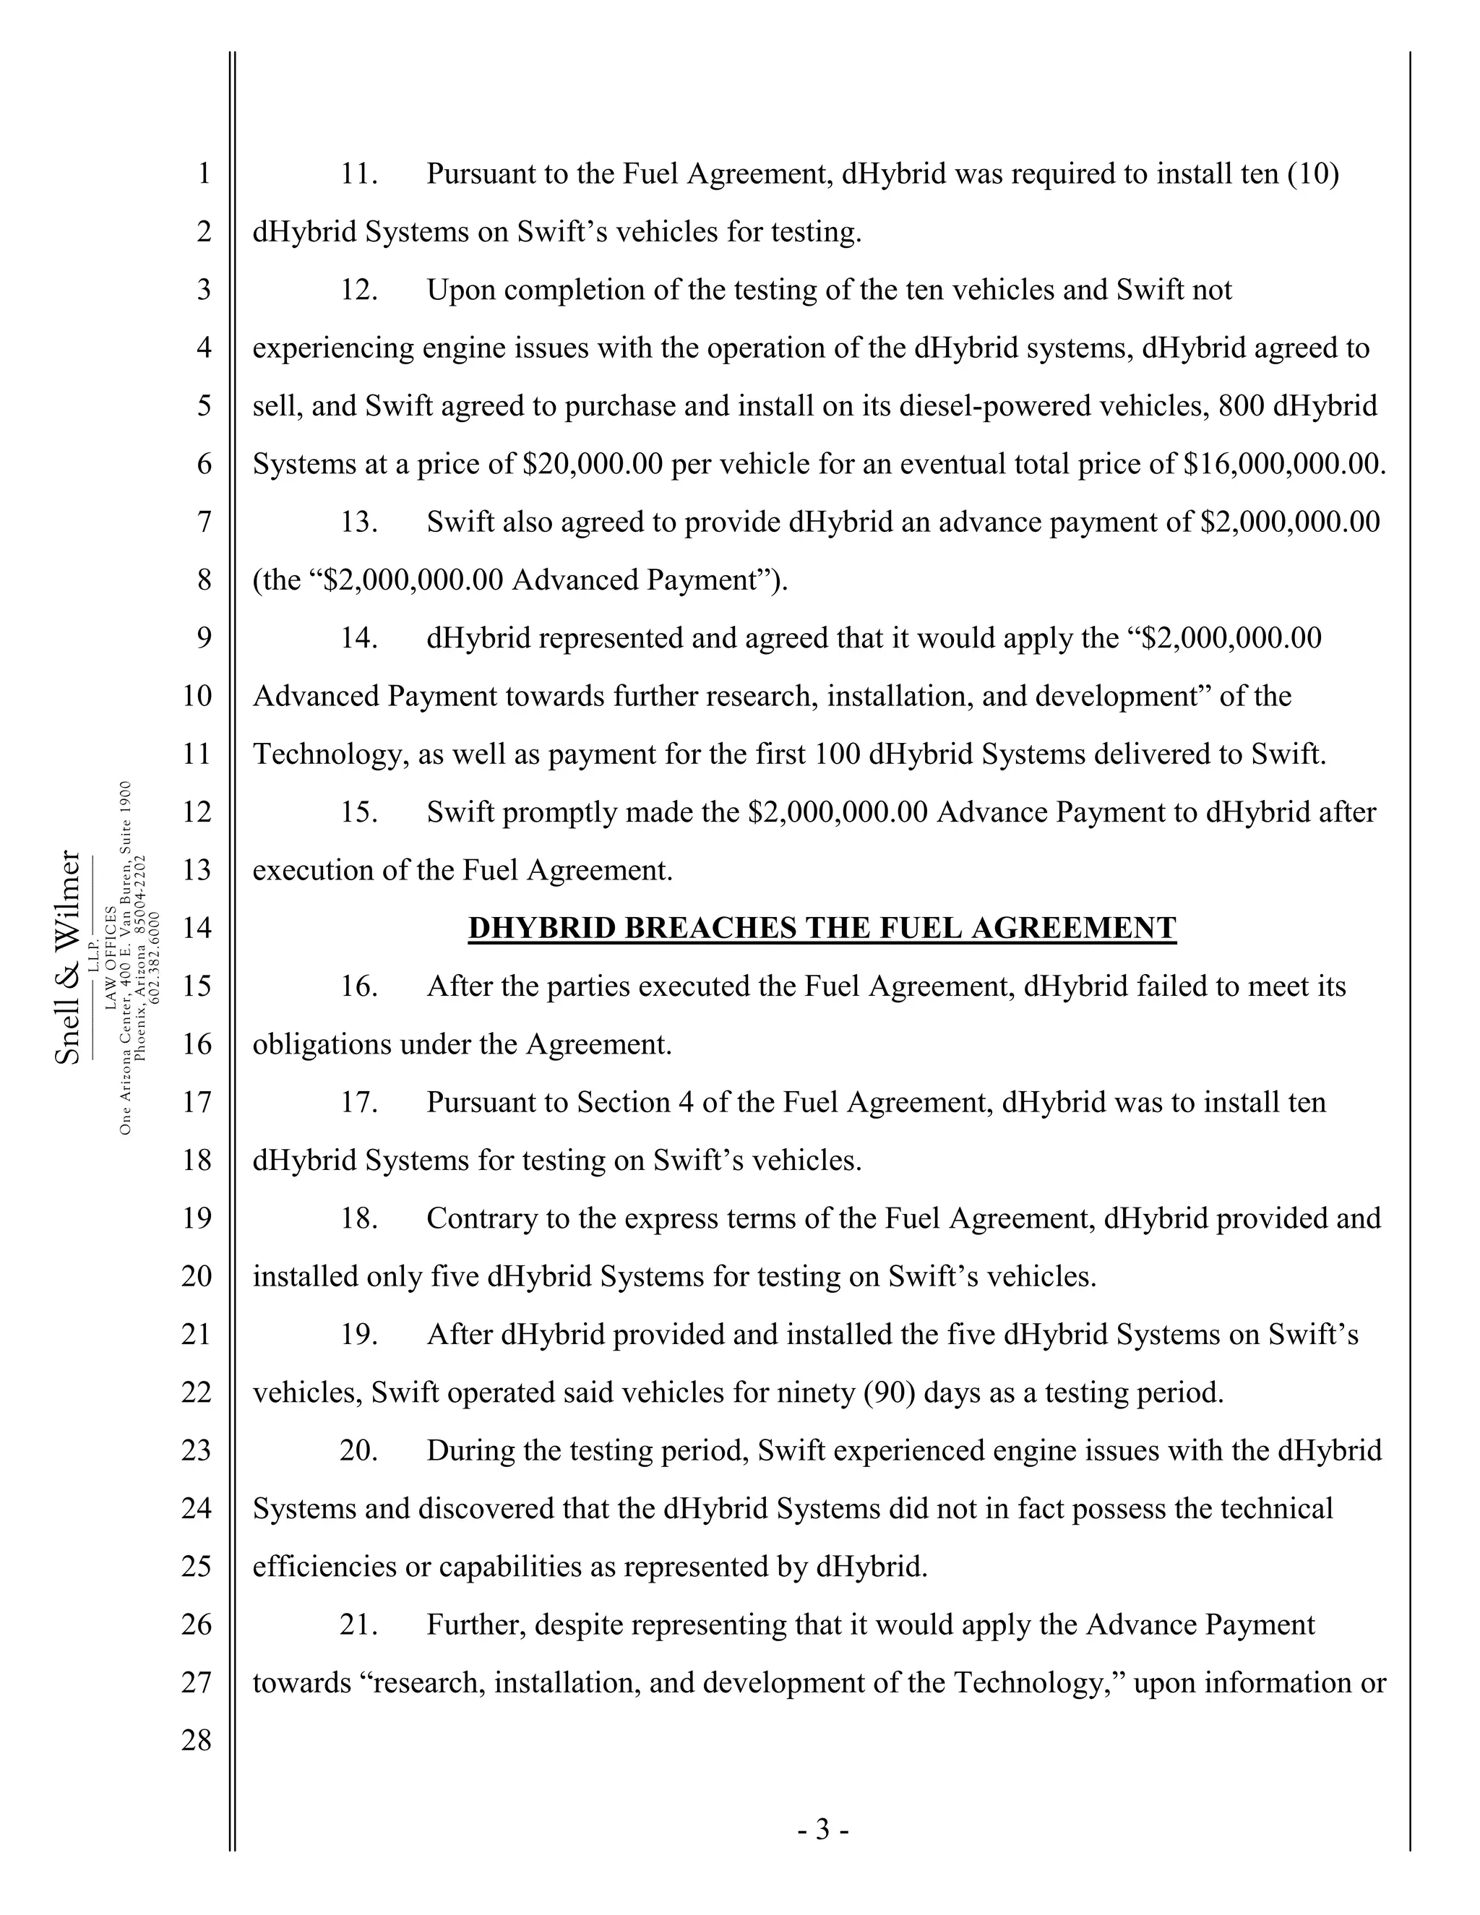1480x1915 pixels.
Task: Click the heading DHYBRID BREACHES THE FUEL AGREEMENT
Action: (822, 928)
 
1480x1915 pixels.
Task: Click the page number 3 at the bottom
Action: (822, 1829)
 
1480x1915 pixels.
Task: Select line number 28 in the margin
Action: (197, 1739)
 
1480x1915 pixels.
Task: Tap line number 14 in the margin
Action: (197, 928)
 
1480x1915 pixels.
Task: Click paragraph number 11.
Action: (358, 173)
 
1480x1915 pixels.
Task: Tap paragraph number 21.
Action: (358, 1624)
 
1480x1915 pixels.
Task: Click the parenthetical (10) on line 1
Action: (1312, 173)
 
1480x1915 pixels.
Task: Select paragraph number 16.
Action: (358, 986)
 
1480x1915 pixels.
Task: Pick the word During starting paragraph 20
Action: (471, 1450)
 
